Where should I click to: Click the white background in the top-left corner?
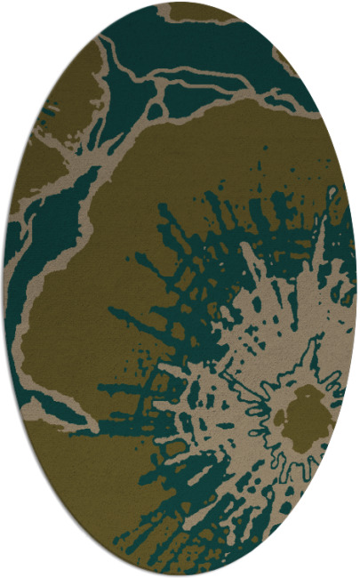click(18, 18)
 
